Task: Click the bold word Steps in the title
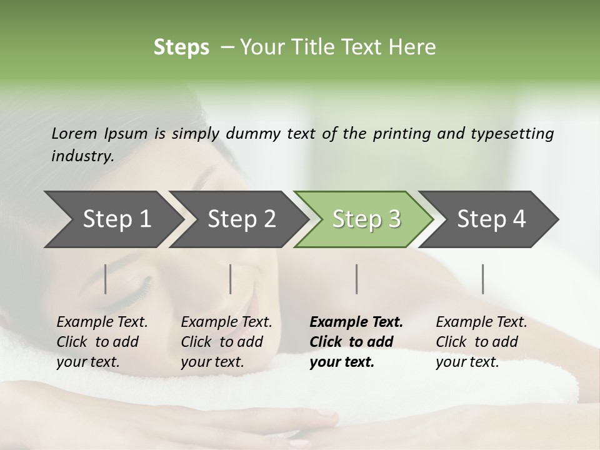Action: click(181, 47)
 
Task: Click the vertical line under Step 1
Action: click(106, 279)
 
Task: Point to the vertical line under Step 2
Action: click(231, 279)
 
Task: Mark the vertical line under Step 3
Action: click(357, 279)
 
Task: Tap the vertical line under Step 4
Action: click(483, 279)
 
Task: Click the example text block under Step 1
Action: click(102, 342)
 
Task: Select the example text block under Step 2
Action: click(226, 342)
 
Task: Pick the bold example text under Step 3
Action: click(356, 342)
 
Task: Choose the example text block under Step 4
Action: click(481, 342)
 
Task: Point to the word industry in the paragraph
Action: click(82, 156)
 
